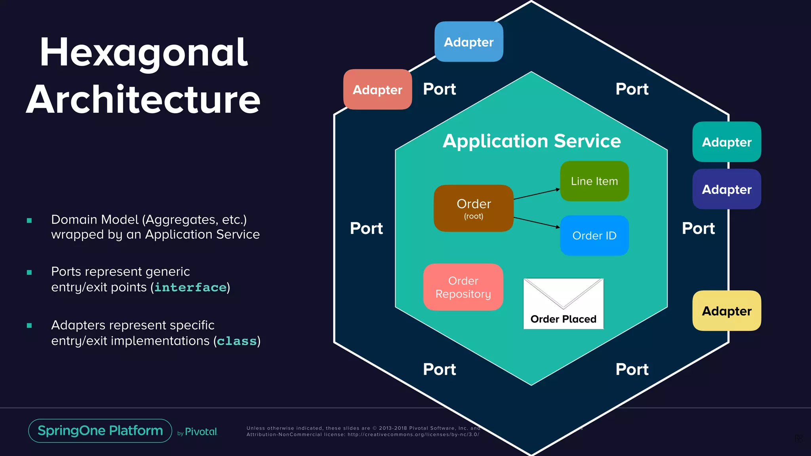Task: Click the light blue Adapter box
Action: coord(468,42)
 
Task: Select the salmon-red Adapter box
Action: coord(377,89)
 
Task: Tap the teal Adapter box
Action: coord(726,142)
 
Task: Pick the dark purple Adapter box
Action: coord(726,189)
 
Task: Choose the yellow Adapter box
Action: coord(726,311)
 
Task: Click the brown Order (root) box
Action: coord(473,208)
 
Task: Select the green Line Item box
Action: coord(594,181)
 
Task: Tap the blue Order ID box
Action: coord(594,236)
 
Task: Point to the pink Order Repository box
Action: coord(463,287)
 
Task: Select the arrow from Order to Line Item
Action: coord(537,194)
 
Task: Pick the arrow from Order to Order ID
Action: coord(537,223)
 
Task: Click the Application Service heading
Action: coord(531,141)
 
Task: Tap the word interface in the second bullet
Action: coord(190,287)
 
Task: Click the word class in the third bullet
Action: coord(237,341)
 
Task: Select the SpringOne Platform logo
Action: coord(100,431)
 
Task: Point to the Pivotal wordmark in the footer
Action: coord(201,432)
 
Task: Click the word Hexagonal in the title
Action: coord(143,52)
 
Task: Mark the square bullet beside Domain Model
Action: coord(29,220)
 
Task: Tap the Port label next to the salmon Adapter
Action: coord(439,89)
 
